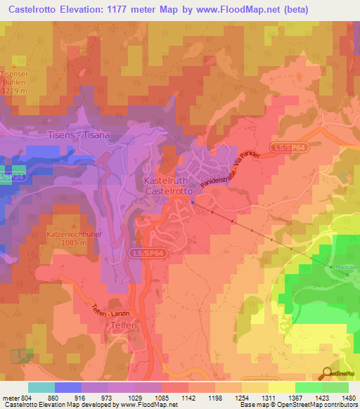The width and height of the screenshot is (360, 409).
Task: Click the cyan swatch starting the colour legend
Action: pos(41,387)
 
